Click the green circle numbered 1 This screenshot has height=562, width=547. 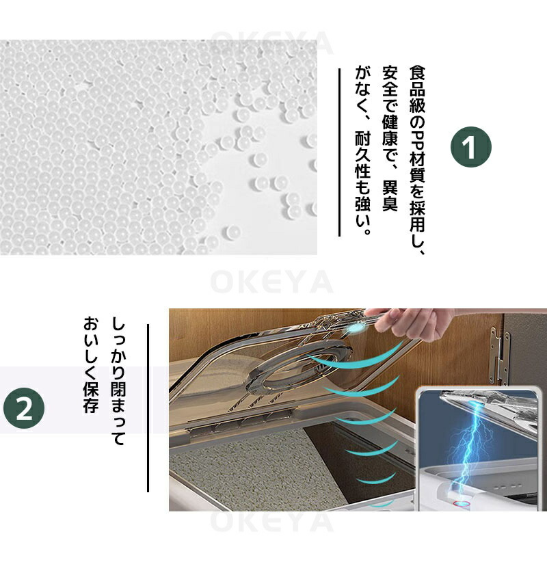click(470, 147)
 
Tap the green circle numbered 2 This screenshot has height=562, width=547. click(24, 409)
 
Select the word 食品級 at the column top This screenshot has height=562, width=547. click(417, 89)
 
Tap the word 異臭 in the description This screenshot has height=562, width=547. click(390, 196)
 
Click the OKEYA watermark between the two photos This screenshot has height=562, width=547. click(271, 282)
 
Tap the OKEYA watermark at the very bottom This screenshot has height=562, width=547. click(271, 522)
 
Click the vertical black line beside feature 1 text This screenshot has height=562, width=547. click(339, 152)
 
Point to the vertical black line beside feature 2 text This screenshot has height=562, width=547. click(148, 408)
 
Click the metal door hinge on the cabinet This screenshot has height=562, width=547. click(500, 355)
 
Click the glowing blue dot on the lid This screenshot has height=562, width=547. click(355, 328)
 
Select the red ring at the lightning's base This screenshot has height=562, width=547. click(462, 504)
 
